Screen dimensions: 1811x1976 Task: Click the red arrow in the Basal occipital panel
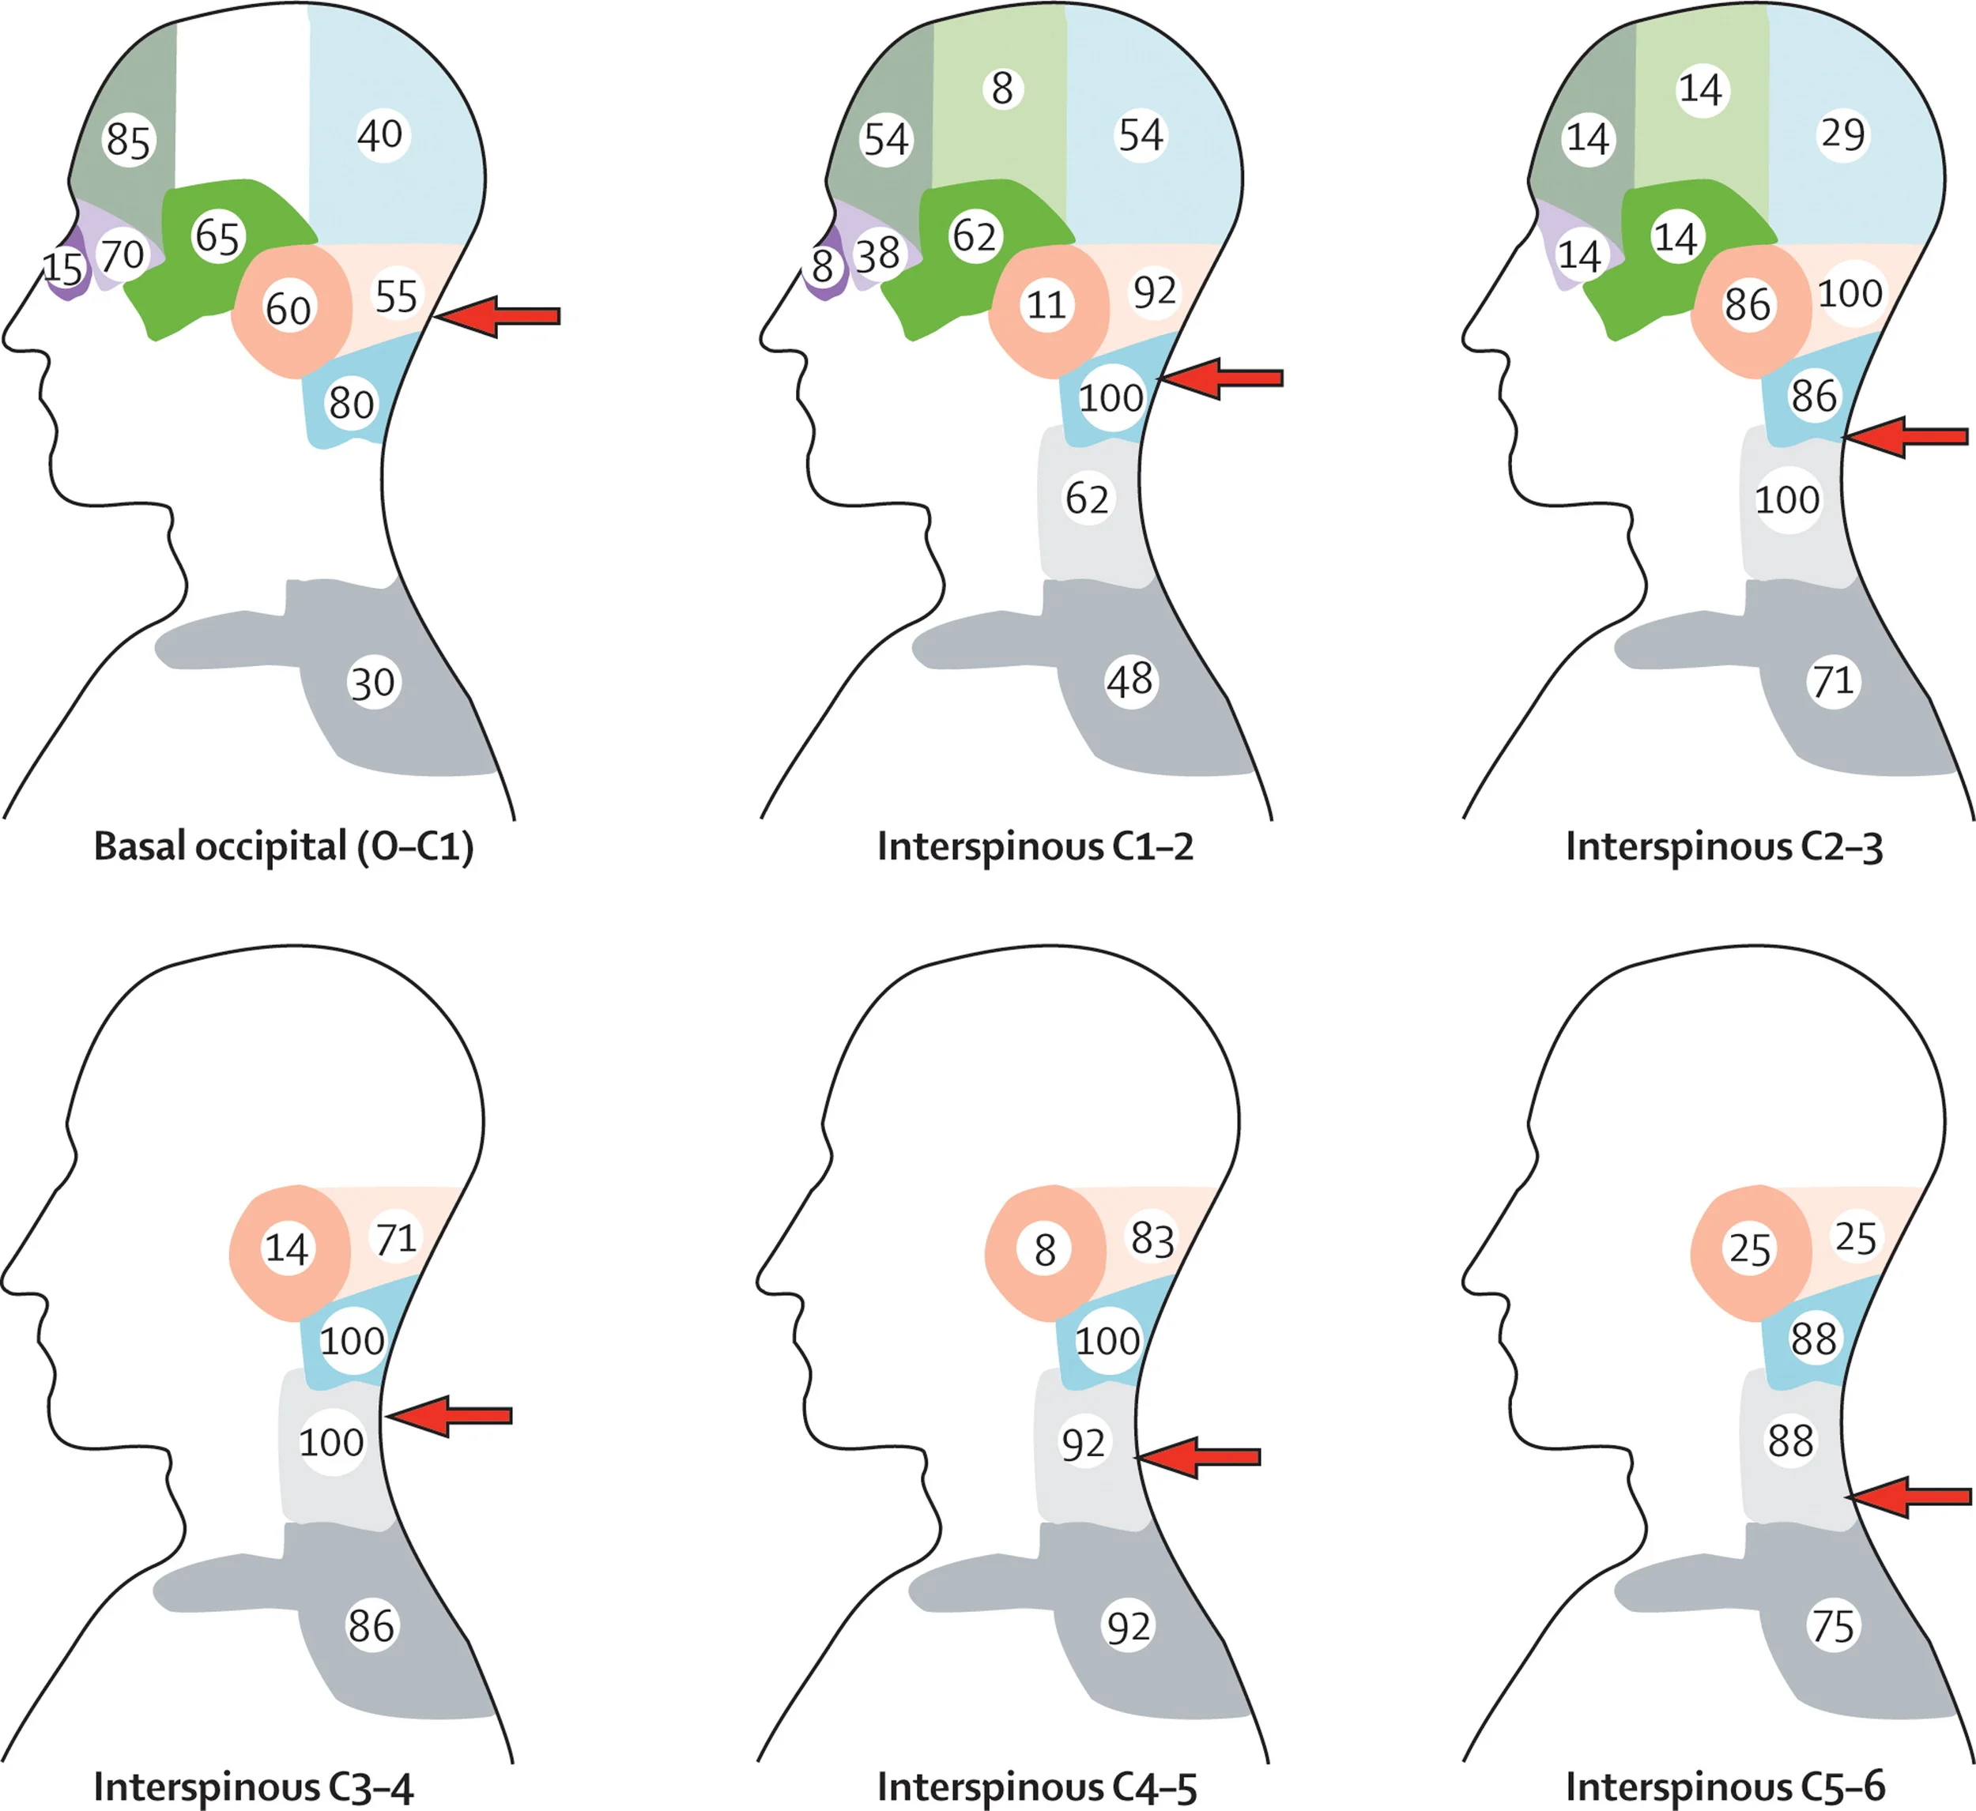click(498, 315)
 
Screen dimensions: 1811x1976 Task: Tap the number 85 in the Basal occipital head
click(128, 140)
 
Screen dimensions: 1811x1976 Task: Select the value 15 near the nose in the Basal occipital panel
click(62, 268)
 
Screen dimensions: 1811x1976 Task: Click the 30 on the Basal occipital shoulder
click(372, 683)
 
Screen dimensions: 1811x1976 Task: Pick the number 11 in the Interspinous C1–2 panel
click(1046, 306)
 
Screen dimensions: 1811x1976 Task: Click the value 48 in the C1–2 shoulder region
click(1129, 680)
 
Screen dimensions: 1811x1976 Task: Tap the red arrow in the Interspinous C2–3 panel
click(1906, 436)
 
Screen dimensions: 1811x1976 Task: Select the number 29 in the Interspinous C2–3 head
click(1842, 134)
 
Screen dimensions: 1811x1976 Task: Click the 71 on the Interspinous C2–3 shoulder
click(1833, 681)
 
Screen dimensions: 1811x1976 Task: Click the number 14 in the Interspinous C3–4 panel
click(286, 1248)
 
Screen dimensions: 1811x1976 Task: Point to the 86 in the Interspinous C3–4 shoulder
click(371, 1627)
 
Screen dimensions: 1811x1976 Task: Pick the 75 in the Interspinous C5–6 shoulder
click(1833, 1627)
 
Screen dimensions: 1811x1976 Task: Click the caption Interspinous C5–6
click(1724, 1787)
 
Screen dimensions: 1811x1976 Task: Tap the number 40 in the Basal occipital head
click(379, 134)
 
